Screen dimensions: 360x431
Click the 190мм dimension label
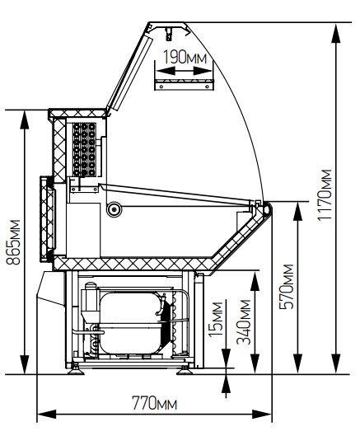(185, 57)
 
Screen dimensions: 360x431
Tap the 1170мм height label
(325, 194)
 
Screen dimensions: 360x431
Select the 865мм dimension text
(13, 242)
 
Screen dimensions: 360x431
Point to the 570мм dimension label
(287, 287)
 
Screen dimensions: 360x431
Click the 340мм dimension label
(244, 322)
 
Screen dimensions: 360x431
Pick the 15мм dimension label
(215, 319)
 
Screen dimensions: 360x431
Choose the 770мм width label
(155, 403)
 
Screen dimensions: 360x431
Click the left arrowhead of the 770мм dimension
(47, 414)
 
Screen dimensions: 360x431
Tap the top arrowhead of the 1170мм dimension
(336, 34)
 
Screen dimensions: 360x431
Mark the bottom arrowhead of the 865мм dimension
(25, 364)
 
